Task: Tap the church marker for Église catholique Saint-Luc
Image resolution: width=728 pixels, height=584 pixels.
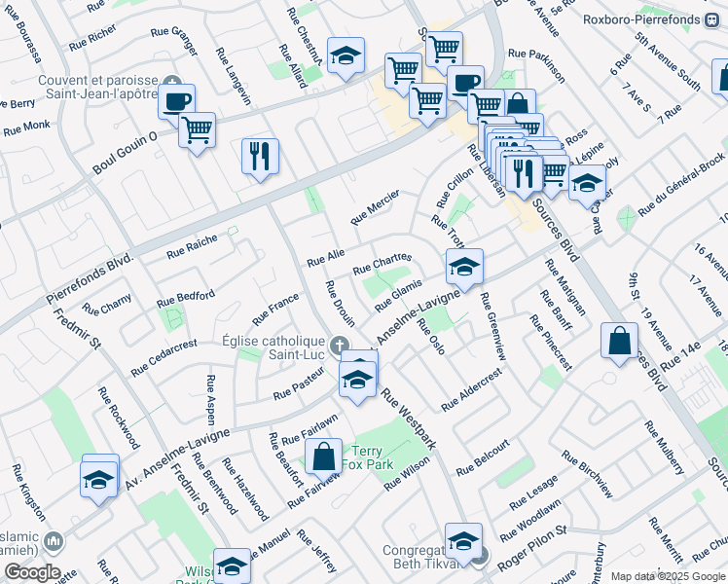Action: (339, 346)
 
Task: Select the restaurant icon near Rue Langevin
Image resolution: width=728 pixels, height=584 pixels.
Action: (260, 156)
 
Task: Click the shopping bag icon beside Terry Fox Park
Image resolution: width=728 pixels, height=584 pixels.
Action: (323, 456)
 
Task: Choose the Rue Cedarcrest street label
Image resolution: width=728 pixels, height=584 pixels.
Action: (164, 357)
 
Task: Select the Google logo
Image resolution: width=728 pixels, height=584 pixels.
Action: (31, 572)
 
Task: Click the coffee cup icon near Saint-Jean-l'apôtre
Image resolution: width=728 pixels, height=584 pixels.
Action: (177, 101)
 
